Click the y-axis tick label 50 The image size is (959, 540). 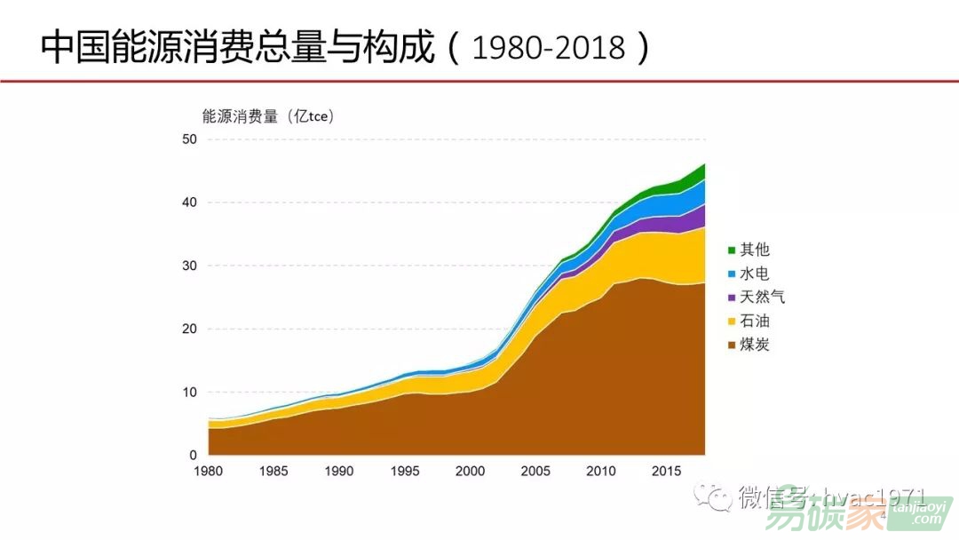188,139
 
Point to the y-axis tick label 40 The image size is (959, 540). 188,202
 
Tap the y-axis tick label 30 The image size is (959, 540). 188,266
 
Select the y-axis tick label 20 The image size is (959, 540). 188,329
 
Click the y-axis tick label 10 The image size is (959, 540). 188,393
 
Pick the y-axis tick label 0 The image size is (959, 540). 192,456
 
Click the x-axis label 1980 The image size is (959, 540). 209,472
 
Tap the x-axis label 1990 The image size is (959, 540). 339,472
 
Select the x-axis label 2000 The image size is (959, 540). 470,472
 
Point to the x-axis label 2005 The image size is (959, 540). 535,472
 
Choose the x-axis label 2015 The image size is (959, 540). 666,472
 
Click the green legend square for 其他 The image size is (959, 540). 732,251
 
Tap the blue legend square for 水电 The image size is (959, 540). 732,274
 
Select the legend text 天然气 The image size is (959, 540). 763,298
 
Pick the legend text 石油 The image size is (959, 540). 755,321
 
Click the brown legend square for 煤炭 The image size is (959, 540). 732,345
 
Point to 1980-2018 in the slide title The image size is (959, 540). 549,48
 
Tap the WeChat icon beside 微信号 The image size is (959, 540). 715,496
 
